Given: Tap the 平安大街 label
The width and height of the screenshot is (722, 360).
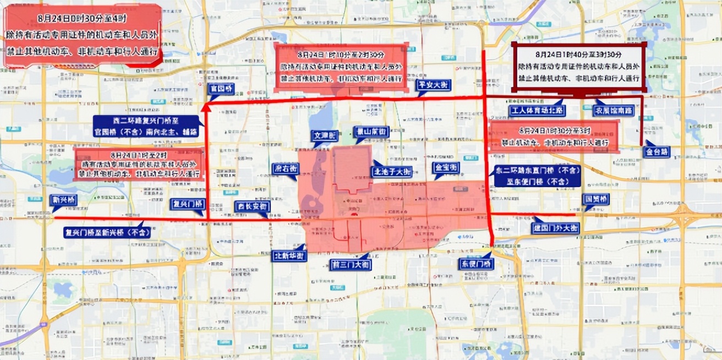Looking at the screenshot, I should tap(434, 85).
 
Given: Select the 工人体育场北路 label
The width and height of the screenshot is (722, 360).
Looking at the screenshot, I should tap(537, 111).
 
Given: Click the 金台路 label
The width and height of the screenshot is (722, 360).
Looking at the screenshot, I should tap(657, 151).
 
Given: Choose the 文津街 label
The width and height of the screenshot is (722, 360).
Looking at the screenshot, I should tap(325, 135).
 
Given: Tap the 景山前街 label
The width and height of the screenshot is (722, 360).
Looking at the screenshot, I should tap(371, 132).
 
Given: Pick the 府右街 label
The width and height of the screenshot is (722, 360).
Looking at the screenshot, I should tap(285, 169).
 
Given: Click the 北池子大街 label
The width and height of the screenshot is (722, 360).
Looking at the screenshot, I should tap(392, 172).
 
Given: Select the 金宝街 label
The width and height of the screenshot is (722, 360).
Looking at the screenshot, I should tap(445, 167).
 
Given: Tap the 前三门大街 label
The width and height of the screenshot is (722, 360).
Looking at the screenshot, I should tap(351, 264).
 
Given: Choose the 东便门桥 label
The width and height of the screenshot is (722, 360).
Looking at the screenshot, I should tap(476, 264).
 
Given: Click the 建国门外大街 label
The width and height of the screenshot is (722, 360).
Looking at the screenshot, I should tap(555, 227).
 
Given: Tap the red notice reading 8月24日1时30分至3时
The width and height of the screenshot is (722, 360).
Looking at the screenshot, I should tap(554, 137).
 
